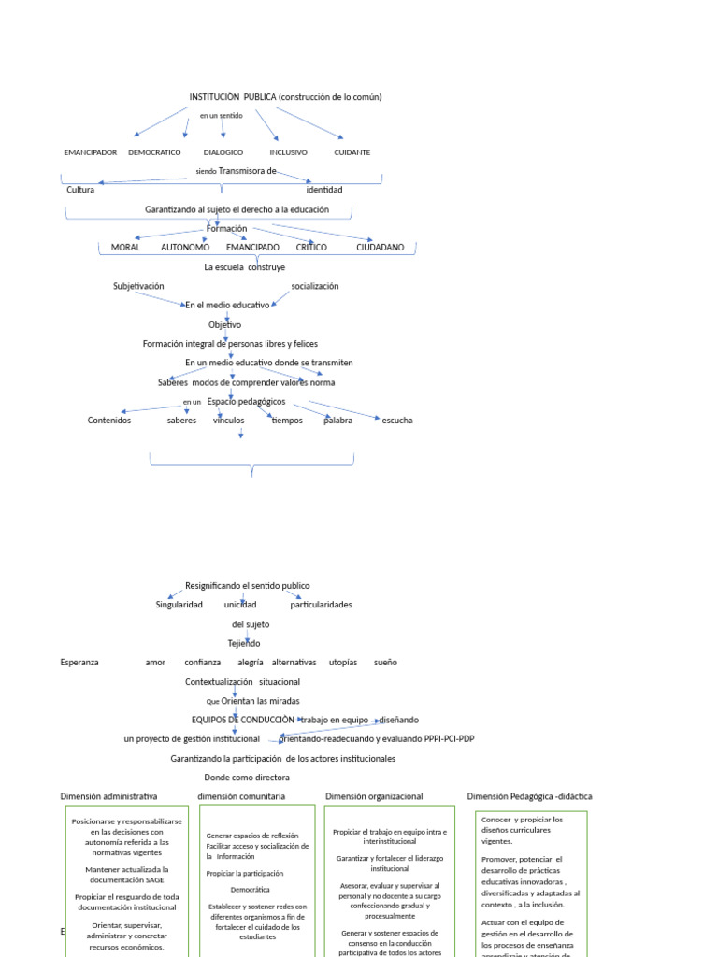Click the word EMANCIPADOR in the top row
91,152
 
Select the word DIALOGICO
223,152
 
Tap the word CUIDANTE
352,152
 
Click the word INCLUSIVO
288,152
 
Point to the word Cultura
80,190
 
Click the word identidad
324,190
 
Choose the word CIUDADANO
381,248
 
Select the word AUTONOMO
185,248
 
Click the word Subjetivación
138,286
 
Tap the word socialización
315,286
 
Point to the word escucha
397,421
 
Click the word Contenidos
109,421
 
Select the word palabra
337,421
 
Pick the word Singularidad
179,605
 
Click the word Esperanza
79,663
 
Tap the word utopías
343,663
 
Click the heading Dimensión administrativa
108,796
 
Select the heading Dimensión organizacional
374,796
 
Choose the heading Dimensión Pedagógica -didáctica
529,796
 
